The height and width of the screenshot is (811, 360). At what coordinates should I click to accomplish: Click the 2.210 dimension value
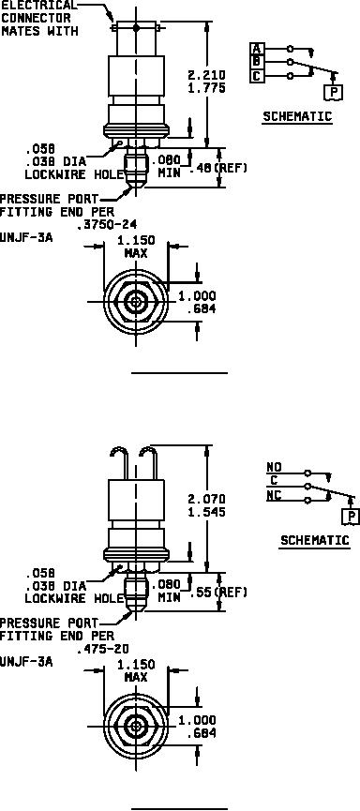207,76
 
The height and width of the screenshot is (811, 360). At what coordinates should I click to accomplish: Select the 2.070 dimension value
207,500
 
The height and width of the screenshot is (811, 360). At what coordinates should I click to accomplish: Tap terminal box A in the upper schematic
257,49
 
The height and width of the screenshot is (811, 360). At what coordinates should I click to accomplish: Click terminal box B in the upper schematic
257,63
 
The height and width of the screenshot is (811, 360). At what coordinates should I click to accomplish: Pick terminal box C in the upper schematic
257,76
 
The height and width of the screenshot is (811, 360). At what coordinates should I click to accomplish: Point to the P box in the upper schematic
335,93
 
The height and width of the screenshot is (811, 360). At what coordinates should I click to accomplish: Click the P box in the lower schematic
352,516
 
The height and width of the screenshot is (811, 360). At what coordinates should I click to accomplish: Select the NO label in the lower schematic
274,467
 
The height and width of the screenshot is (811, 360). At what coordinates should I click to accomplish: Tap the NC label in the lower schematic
274,495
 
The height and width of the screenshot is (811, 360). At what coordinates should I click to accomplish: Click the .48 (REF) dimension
218,168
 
